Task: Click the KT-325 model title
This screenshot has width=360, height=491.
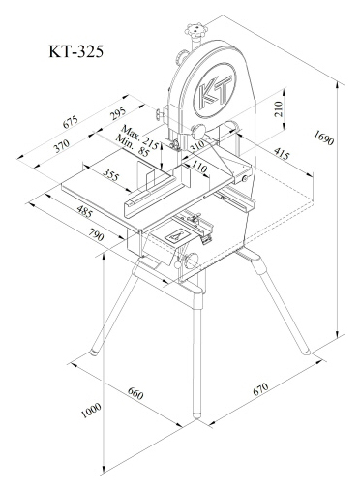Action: (x=76, y=51)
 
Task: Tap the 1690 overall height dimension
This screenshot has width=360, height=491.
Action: (x=324, y=138)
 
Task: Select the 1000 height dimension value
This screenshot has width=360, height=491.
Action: (x=91, y=411)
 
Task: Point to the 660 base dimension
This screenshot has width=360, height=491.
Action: (x=135, y=393)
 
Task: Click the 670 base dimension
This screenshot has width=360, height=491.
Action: (x=260, y=389)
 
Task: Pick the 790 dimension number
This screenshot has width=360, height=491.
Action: (x=96, y=234)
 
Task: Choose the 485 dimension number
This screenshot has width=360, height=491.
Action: (x=85, y=211)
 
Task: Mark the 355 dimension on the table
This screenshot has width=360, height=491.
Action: (x=111, y=174)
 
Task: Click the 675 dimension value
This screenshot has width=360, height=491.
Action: (x=70, y=122)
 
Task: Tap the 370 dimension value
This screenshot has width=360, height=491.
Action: (x=61, y=146)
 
